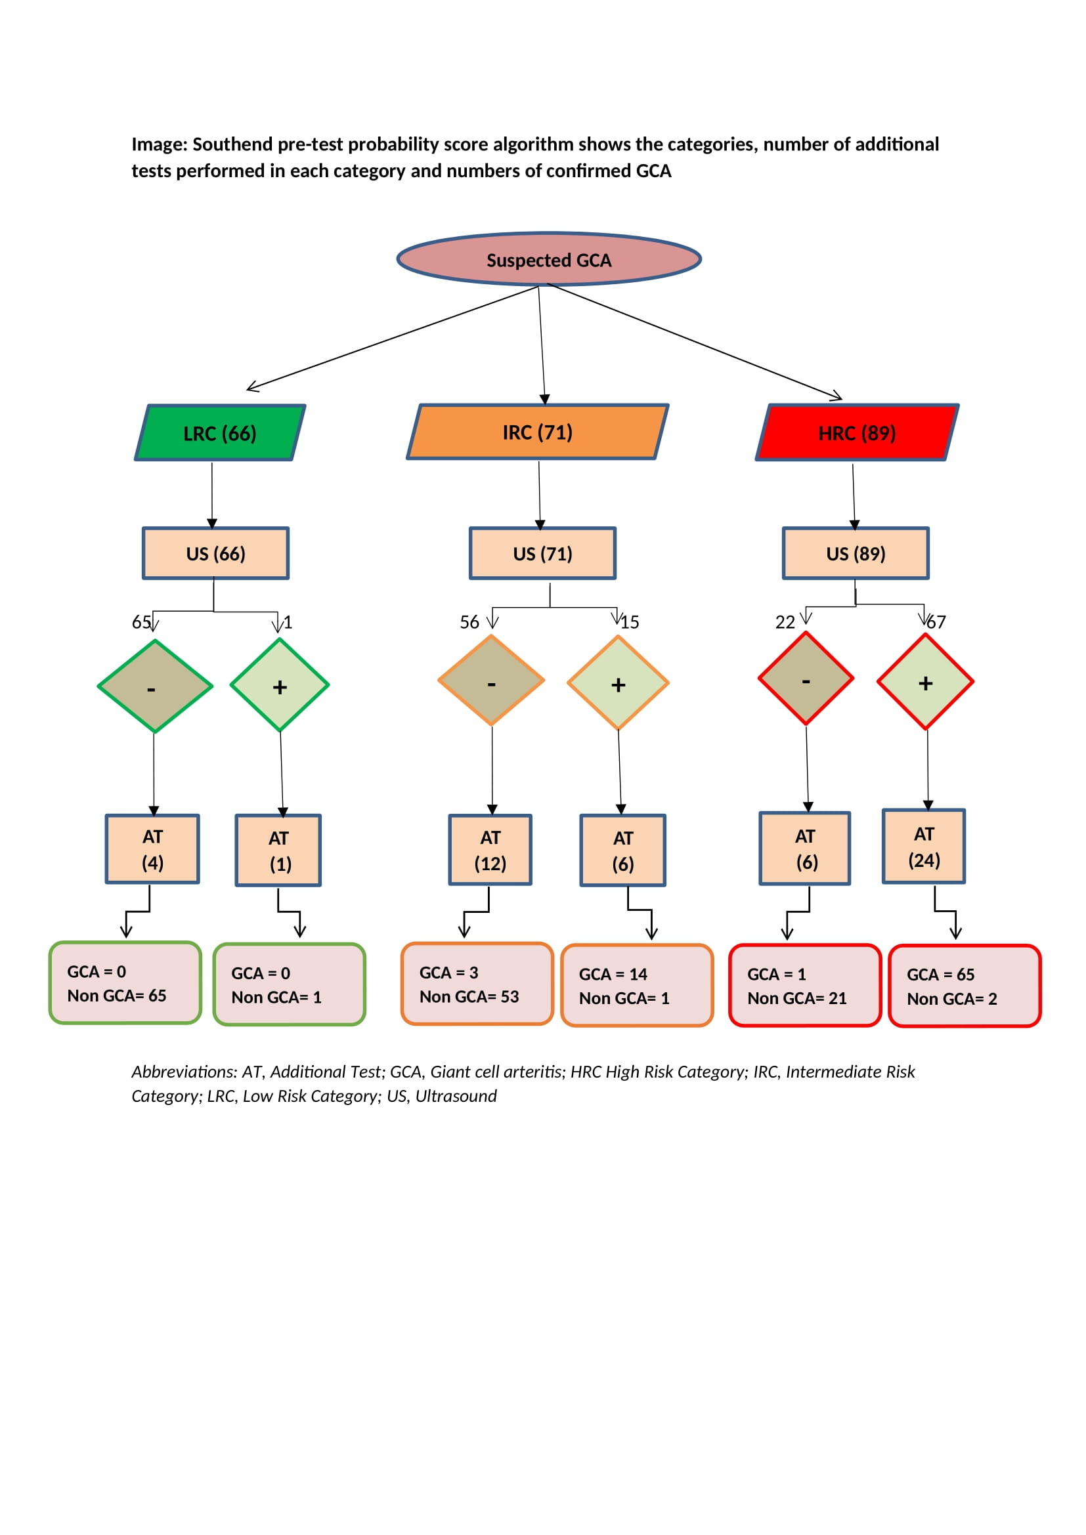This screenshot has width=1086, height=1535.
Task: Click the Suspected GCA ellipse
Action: click(x=548, y=259)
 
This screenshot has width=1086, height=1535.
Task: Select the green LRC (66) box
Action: click(x=220, y=432)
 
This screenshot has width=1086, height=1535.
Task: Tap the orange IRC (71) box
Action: click(x=538, y=432)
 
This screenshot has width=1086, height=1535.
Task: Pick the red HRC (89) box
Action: click(x=857, y=432)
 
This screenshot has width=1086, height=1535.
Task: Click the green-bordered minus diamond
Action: click(x=155, y=686)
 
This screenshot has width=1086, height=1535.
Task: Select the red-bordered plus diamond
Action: click(x=926, y=682)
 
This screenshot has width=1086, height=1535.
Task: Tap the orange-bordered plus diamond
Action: click(x=618, y=683)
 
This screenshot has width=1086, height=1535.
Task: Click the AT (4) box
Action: click(x=152, y=849)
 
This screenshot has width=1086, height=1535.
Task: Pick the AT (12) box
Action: click(x=490, y=851)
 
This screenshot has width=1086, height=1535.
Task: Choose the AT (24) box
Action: click(x=924, y=847)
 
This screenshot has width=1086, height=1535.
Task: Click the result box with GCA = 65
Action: click(x=965, y=986)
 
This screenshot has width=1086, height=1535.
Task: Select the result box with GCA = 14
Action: click(x=637, y=986)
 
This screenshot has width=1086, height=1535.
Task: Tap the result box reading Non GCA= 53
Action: click(x=477, y=984)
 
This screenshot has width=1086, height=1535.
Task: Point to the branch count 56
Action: click(x=469, y=622)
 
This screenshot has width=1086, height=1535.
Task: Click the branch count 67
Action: click(x=936, y=622)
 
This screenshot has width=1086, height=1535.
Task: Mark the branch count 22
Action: click(x=785, y=622)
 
